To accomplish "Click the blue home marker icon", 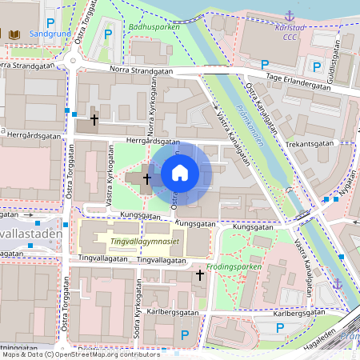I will (180, 172).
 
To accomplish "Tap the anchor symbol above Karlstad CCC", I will (290, 14).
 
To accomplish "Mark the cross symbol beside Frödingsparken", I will (199, 275).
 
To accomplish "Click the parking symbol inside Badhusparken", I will (107, 34).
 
